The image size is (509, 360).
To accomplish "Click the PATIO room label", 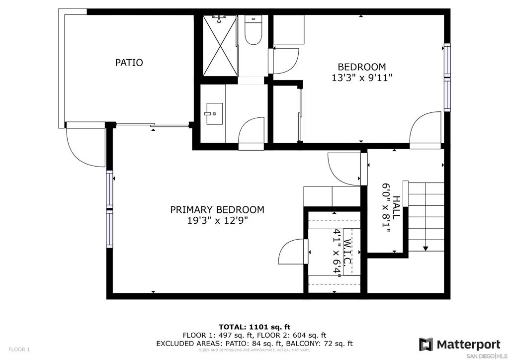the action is click(129, 62).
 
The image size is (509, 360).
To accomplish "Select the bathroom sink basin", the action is click(213, 113).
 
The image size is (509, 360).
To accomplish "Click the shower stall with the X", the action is click(220, 45).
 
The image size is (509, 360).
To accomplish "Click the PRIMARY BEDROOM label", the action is click(217, 210).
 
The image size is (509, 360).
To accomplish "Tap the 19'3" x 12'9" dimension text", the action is click(218, 221).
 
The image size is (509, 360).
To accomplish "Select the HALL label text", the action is click(396, 206).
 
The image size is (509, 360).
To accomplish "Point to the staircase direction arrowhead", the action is click(425, 249).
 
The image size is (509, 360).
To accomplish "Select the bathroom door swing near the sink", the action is click(252, 133).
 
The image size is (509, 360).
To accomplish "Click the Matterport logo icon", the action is click(426, 345).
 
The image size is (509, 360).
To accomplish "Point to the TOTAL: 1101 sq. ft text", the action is click(254, 327).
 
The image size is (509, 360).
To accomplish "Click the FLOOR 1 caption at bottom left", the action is click(19, 350).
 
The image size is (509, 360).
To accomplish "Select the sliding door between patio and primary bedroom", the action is click(153, 125).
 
